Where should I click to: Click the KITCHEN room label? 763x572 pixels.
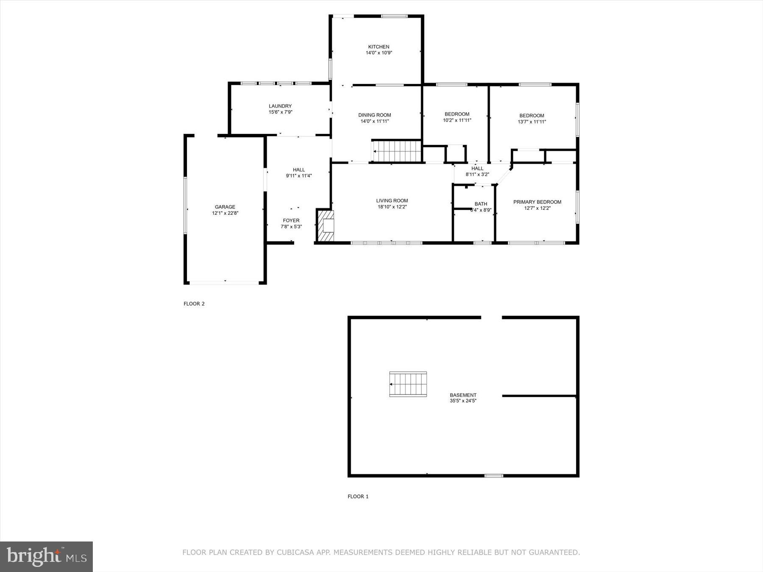coord(378,47)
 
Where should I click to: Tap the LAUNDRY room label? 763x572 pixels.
coord(280,106)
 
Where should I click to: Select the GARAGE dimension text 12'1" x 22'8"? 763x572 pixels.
coord(225,213)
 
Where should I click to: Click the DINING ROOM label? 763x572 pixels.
coord(374,115)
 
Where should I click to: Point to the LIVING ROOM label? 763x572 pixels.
coord(392,201)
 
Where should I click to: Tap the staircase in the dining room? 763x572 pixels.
coord(397,151)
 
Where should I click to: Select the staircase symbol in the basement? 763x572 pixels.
coord(408,384)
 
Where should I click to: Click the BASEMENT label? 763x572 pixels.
coord(463,395)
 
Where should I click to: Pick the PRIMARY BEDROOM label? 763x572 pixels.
coord(537,202)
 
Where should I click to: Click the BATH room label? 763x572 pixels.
coord(481,204)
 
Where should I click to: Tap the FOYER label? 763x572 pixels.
coord(291,220)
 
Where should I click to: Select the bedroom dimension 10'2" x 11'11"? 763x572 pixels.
coord(457,120)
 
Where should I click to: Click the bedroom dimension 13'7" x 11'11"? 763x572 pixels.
coord(532,122)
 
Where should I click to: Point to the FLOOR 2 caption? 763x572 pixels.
coord(194,303)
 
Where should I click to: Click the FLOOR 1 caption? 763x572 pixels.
coord(358,496)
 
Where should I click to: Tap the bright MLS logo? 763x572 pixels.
coord(46,556)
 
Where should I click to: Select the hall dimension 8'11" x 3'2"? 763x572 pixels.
coord(477,174)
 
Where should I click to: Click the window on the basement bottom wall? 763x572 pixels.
coord(494,475)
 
